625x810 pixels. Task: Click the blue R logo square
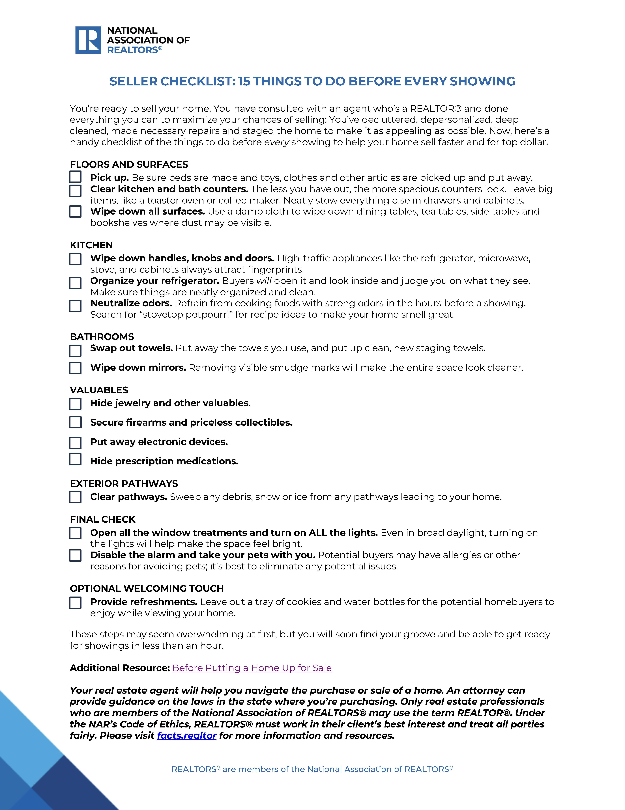tap(88, 40)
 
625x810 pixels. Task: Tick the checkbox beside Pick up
tap(75, 177)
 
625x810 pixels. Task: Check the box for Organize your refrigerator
tap(75, 283)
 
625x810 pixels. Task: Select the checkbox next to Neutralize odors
tap(75, 306)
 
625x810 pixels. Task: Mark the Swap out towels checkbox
tap(75, 350)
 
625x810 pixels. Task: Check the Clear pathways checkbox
tap(75, 497)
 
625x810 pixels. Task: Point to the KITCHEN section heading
tap(91, 245)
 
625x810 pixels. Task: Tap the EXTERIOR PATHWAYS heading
tap(124, 484)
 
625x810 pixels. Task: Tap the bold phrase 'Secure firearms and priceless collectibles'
tap(191, 422)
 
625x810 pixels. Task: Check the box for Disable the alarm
tap(75, 556)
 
